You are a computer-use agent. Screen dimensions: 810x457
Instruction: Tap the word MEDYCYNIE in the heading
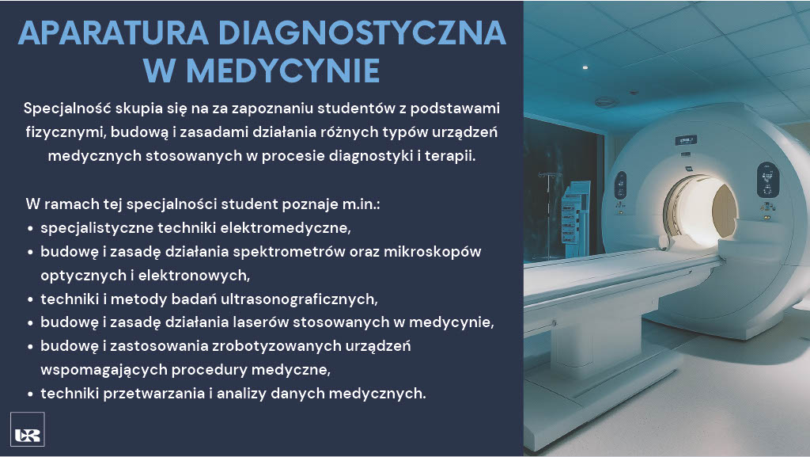[x=283, y=70]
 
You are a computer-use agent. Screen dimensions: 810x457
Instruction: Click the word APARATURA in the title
[x=113, y=32]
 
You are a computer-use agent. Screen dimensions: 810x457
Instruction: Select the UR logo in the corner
[x=28, y=429]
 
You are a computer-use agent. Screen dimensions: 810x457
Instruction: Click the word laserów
[x=259, y=322]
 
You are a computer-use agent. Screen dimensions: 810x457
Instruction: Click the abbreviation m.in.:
[x=361, y=204]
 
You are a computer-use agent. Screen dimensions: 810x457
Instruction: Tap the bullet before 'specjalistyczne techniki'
[x=31, y=228]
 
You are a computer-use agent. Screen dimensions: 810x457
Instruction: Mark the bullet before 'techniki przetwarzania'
[x=31, y=394]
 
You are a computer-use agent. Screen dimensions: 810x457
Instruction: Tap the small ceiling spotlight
[x=585, y=67]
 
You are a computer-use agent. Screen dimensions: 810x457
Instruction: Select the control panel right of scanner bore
[x=767, y=180]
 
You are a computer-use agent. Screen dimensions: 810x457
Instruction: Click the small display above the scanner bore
[x=686, y=140]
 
